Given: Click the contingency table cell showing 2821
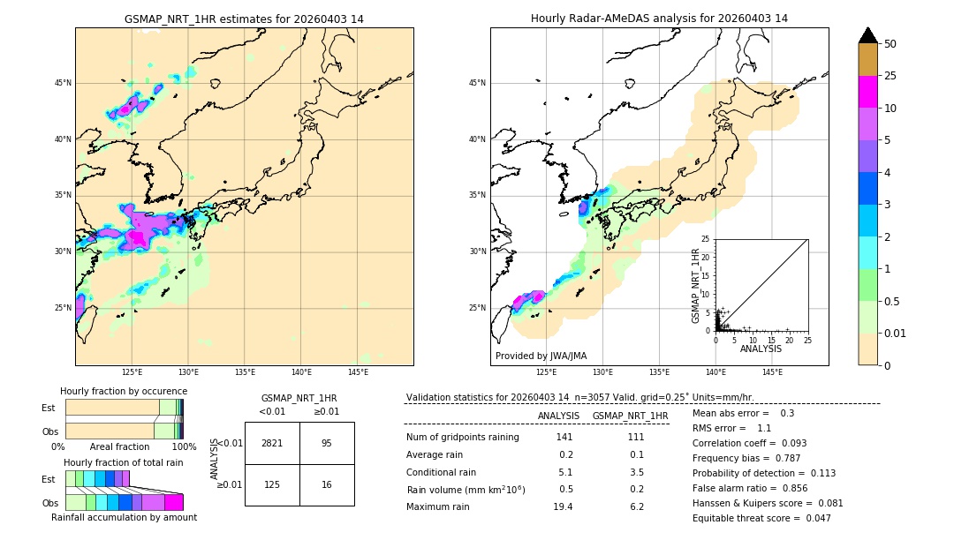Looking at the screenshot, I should (x=272, y=443).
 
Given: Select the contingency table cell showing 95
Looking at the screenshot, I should (x=327, y=443).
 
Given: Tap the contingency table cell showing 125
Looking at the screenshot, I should (x=272, y=484).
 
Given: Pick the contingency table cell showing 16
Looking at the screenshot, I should (x=327, y=484).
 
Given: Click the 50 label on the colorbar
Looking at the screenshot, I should (x=890, y=44).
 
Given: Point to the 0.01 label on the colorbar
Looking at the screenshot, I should (x=895, y=333).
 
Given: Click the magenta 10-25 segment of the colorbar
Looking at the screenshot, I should (x=867, y=92).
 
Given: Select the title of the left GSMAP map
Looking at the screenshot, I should (x=244, y=19).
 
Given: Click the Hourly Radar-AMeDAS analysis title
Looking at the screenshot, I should (x=659, y=19).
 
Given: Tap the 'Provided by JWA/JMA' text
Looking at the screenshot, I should (x=541, y=356).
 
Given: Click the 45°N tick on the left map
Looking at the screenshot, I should (x=63, y=83).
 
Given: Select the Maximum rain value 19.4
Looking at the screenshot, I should (x=563, y=506).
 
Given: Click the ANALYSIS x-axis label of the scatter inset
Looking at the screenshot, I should (x=761, y=349).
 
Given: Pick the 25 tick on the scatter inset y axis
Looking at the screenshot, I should (x=706, y=239).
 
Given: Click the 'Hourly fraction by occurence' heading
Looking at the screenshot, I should (x=124, y=391).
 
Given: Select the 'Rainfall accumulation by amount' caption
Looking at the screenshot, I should (x=131, y=517).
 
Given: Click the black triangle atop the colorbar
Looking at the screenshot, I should (x=867, y=34).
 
